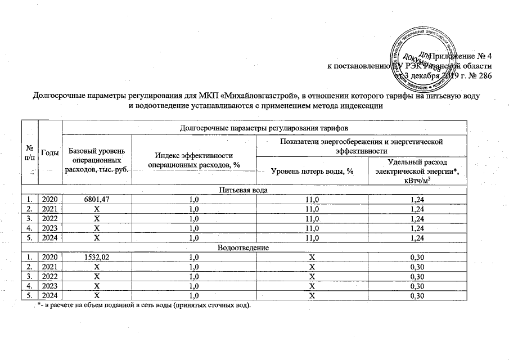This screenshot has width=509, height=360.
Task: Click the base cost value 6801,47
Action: point(97,199)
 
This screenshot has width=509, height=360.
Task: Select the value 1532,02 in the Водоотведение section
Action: point(97,256)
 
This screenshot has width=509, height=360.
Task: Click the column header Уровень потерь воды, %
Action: point(312,171)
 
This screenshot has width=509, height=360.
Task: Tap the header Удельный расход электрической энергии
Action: point(417,171)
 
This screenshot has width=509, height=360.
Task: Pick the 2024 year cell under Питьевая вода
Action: point(49,237)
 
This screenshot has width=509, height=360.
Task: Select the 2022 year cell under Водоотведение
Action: point(49,276)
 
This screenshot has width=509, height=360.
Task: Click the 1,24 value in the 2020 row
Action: point(417,199)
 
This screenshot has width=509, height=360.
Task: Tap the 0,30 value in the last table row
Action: point(417,295)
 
